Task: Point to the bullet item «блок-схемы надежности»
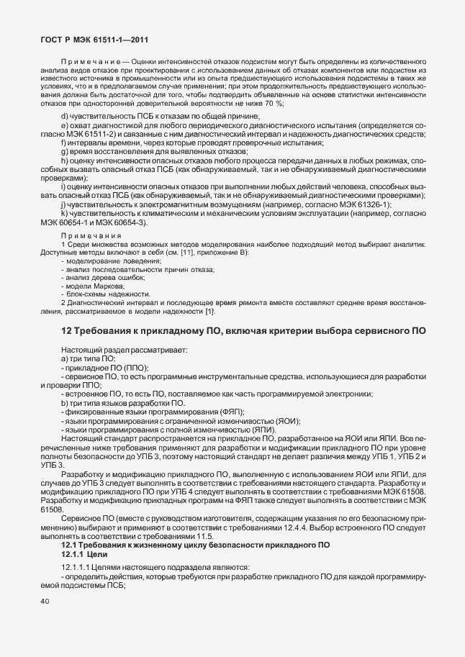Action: point(108,294)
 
